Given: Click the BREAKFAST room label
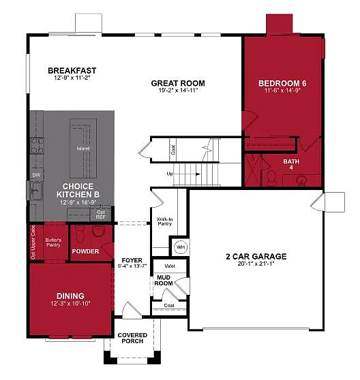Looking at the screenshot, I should (x=72, y=70).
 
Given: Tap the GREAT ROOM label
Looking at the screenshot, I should (x=177, y=83).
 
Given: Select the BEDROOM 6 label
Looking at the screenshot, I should (x=282, y=83).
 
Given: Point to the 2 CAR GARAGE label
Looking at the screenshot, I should (x=256, y=257).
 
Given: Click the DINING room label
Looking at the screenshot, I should (x=71, y=295).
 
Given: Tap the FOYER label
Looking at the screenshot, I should (x=132, y=260).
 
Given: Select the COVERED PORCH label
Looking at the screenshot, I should (x=132, y=338).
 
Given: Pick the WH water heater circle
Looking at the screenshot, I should (x=181, y=246).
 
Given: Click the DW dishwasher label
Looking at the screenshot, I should (x=35, y=175).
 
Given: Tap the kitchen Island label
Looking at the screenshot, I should (x=82, y=148).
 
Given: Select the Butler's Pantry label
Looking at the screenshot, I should (x=55, y=243).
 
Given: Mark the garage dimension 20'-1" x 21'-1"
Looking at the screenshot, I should (x=256, y=266).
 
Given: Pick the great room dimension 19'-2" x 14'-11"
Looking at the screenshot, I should (x=177, y=91).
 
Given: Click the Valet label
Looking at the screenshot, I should (x=170, y=266).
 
